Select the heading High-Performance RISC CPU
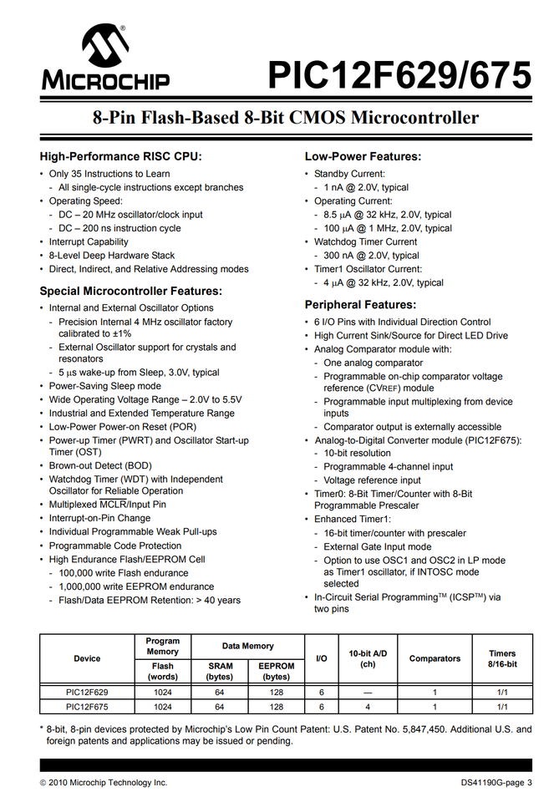[121, 156]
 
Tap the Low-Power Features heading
[363, 156]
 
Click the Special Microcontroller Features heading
[131, 291]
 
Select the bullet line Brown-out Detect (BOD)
[100, 465]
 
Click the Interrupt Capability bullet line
[89, 242]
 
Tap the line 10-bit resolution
[357, 453]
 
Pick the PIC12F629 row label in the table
[87, 693]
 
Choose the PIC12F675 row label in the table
[87, 707]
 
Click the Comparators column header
[435, 658]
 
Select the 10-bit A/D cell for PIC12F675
[368, 707]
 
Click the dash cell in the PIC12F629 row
[368, 693]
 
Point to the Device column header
[87, 658]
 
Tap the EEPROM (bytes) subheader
[277, 672]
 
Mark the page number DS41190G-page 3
[496, 783]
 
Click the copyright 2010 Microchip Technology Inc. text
[104, 783]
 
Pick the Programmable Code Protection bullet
[115, 546]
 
